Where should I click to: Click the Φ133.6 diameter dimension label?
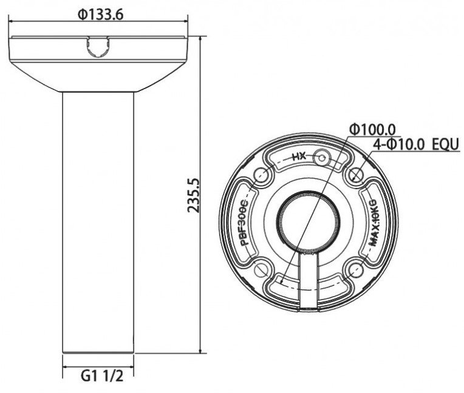point(100,15)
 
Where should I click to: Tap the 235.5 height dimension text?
point(194,195)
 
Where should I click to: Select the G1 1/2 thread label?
point(102,376)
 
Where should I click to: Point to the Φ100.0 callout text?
point(372,129)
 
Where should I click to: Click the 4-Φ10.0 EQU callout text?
point(416,145)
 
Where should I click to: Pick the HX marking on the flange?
point(299,156)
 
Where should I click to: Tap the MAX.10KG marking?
point(372,222)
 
